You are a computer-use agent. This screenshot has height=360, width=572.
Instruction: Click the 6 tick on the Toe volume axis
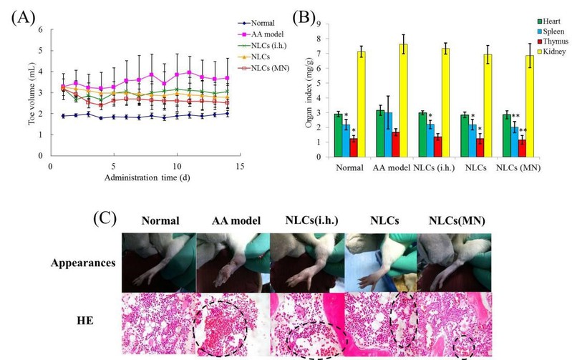tap(41, 30)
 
